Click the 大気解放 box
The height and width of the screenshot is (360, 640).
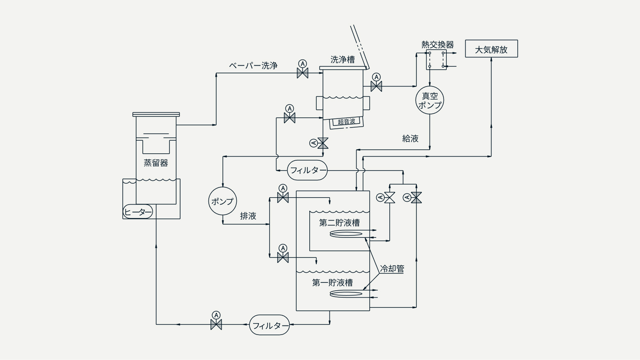click(491, 48)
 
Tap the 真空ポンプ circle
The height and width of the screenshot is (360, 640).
click(430, 100)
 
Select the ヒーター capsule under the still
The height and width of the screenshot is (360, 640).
click(138, 212)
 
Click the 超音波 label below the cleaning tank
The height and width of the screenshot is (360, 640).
click(346, 122)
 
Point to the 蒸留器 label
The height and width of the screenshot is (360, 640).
click(156, 163)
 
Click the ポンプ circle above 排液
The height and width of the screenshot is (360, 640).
click(223, 201)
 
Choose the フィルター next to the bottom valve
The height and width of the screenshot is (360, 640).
click(270, 325)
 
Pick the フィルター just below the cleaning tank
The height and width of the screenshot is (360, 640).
click(307, 170)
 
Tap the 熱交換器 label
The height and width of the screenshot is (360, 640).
click(437, 45)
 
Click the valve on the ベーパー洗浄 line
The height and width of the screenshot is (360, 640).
click(302, 73)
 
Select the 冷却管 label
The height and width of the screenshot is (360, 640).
click(392, 269)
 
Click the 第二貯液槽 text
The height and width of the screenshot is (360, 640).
click(339, 223)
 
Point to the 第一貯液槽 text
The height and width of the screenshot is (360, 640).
click(332, 283)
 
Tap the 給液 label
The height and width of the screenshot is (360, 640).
click(410, 139)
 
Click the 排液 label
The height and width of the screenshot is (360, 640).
click(248, 216)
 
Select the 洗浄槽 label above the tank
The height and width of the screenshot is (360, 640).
click(343, 60)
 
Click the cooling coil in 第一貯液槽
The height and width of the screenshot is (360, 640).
click(346, 294)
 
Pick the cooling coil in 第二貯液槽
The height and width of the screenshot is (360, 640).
click(346, 234)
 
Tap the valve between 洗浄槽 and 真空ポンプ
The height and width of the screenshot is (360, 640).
click(376, 86)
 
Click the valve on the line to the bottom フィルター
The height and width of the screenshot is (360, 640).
click(216, 325)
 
